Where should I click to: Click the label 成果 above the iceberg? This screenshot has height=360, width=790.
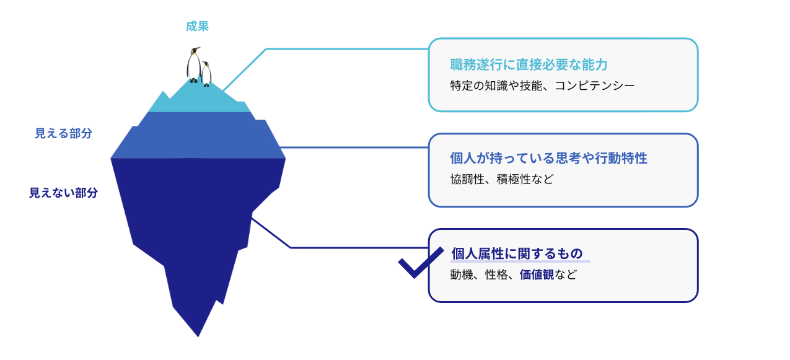point(197,26)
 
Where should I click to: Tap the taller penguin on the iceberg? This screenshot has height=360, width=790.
point(194,64)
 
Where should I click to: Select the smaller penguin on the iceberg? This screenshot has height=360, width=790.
point(206,74)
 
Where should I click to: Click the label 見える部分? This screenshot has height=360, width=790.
point(63,133)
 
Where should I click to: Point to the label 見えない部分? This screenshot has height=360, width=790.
point(63,193)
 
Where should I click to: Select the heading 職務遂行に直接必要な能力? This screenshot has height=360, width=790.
point(529,64)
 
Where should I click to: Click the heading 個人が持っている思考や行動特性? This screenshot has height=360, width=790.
point(548,158)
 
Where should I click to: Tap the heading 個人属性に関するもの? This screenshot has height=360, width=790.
point(517,253)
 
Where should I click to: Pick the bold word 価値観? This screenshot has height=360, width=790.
point(537,274)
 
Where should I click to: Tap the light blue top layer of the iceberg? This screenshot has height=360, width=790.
point(198,99)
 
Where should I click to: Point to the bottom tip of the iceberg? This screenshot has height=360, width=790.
point(198,335)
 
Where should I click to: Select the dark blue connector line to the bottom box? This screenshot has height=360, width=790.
point(347,248)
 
